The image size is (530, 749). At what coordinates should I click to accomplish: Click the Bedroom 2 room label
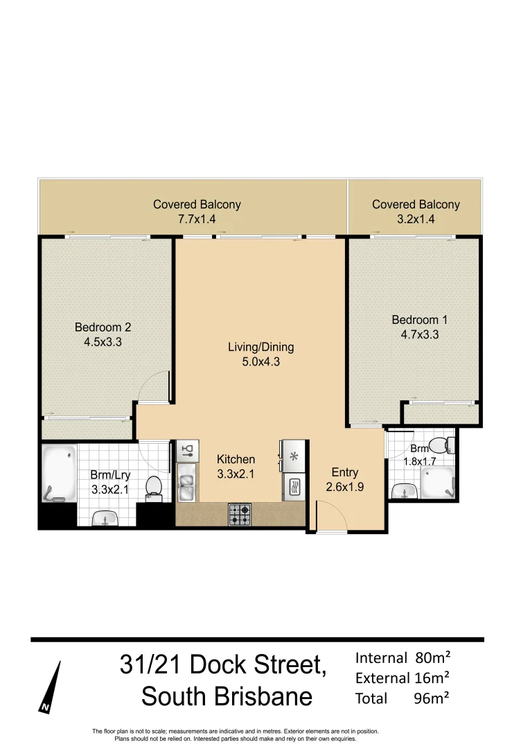click(x=103, y=334)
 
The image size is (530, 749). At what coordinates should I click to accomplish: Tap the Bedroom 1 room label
click(x=420, y=327)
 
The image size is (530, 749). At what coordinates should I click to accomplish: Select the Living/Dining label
click(x=261, y=354)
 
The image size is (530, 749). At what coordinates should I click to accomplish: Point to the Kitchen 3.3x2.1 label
click(x=236, y=466)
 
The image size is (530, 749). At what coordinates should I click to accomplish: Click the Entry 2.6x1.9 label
click(x=345, y=479)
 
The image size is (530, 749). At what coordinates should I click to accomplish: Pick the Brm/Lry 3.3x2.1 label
click(x=111, y=482)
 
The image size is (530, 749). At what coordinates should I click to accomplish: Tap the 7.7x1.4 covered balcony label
click(x=197, y=212)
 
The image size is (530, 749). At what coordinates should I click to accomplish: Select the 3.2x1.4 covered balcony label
click(x=416, y=212)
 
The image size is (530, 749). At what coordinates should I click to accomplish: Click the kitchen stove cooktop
click(x=240, y=514)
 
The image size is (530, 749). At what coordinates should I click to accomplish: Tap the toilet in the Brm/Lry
click(x=154, y=486)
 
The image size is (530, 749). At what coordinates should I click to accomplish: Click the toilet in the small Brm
click(x=438, y=445)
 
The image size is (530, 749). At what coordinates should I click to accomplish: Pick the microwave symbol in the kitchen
click(x=292, y=487)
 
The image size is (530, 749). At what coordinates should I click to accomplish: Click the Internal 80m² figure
click(x=403, y=657)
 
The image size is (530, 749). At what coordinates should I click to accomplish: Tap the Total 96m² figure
click(x=403, y=698)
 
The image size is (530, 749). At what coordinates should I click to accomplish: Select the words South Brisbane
click(x=227, y=696)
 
